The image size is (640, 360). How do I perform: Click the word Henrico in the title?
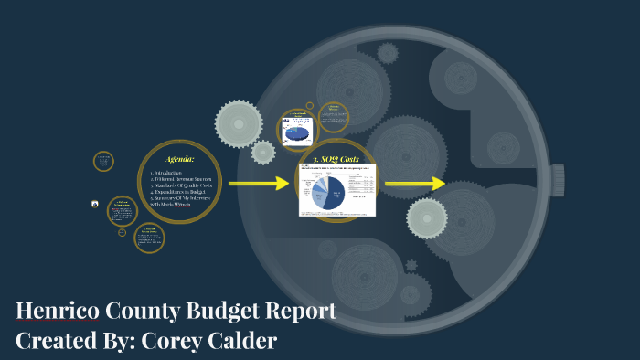click(57, 311)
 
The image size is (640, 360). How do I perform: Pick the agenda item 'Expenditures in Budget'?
click(181, 193)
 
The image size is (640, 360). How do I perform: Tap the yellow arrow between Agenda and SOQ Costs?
click(258, 184)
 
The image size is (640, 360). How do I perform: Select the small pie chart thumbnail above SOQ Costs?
click(297, 131)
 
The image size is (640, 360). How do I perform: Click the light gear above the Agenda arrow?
click(238, 123)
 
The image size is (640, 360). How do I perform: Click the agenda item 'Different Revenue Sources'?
click(181, 179)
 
